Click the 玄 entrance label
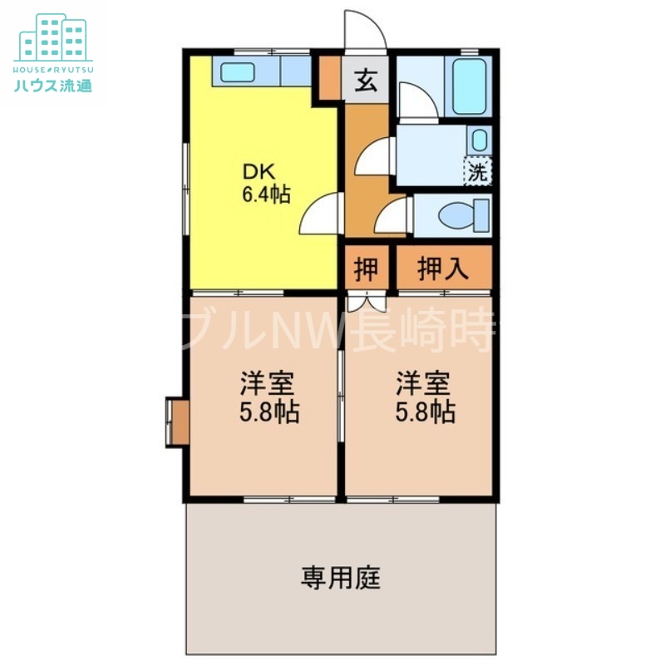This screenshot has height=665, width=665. coord(367,81)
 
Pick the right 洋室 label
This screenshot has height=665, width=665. coord(422,384)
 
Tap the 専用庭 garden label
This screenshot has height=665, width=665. coord(341,577)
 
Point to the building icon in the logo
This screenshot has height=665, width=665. coord(53,37)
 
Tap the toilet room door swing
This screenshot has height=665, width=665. coord(391,218)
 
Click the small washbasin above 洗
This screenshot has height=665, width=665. coord(479,139)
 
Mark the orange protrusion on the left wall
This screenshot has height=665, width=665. coord(177,422)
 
